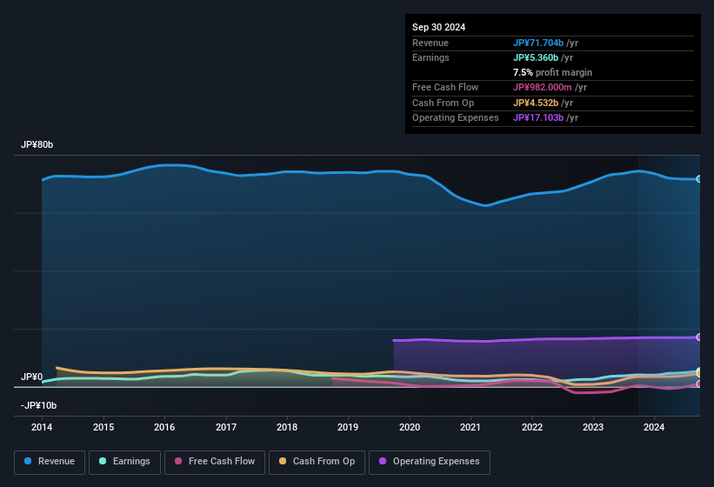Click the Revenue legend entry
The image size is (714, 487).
coord(50,462)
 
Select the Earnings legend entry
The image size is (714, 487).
coord(124,462)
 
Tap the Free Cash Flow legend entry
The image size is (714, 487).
coord(215,462)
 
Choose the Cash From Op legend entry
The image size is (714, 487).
coord(317,462)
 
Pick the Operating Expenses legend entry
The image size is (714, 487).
coord(429,462)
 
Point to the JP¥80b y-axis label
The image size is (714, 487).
coord(37,145)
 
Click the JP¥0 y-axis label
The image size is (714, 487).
coord(32,377)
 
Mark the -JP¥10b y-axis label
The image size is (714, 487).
coord(38,405)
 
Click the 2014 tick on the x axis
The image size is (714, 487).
coord(42,427)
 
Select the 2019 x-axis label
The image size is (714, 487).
coord(348,427)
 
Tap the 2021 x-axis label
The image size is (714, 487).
coord(470,427)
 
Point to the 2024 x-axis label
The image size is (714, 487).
coord(654,427)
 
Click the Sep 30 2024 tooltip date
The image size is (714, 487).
coord(439,27)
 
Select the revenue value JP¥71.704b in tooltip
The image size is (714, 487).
coord(544,43)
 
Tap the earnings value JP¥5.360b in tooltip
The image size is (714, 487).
coord(541,57)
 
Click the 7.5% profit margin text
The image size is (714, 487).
coord(553,72)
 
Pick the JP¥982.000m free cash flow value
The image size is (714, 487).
coord(549,87)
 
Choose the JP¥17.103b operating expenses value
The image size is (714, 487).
coord(544,117)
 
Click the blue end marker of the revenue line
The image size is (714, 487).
coord(699,179)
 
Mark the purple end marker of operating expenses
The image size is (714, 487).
coord(699,337)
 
